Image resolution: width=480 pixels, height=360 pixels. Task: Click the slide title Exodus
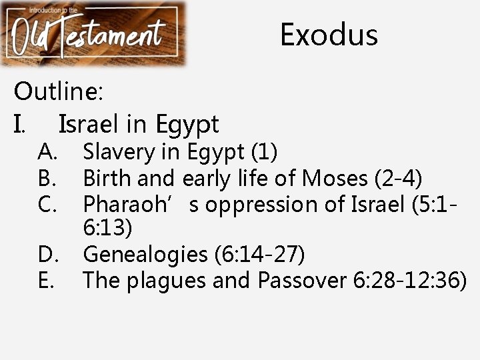329,35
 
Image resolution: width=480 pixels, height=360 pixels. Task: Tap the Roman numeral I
21,124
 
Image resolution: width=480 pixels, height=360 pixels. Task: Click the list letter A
48,152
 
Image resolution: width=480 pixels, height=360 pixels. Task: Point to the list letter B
47,178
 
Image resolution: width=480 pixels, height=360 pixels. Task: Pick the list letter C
48,203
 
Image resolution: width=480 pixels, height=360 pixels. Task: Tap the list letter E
47,280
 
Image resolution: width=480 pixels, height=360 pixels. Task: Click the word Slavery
118,152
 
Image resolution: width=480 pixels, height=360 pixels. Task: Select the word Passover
301,280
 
